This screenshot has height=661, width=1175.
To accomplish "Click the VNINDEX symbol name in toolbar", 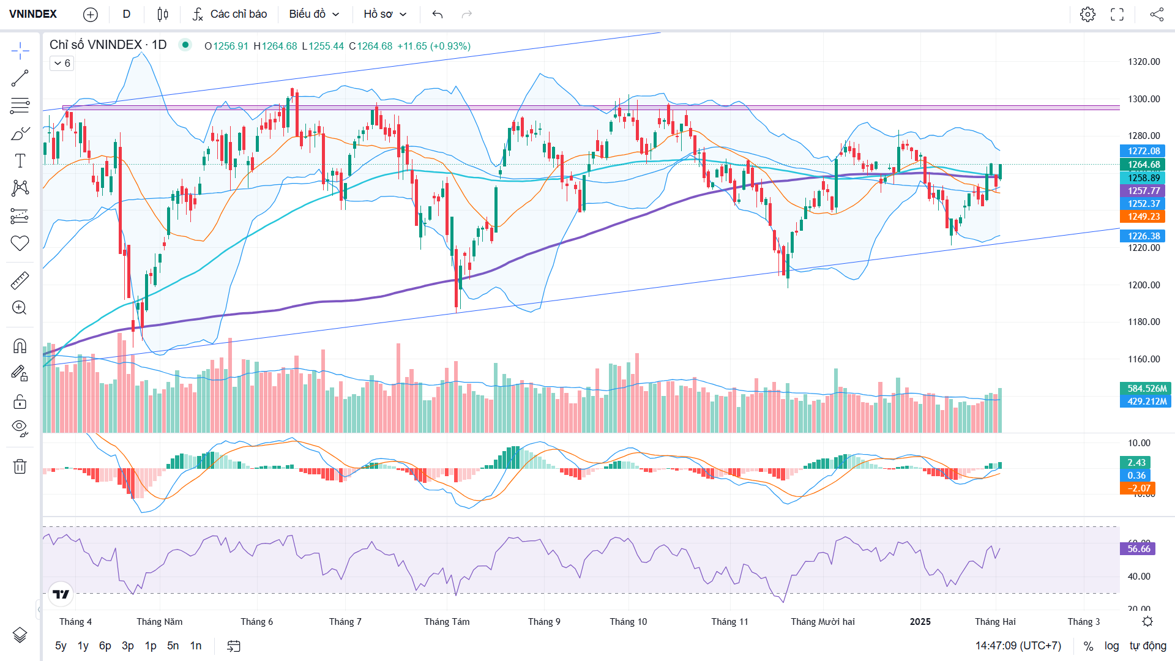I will point(33,14).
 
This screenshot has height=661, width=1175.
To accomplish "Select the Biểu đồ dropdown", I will point(314,14).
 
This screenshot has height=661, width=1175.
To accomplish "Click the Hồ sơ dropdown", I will point(385,14).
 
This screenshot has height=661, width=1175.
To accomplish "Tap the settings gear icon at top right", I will point(1087,14).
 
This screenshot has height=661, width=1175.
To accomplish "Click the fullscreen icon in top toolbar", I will point(1117,14).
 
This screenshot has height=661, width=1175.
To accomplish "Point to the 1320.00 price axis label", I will point(1144,62).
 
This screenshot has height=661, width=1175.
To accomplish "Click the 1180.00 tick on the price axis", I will point(1144,322).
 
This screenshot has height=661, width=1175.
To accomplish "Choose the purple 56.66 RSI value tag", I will point(1138,549).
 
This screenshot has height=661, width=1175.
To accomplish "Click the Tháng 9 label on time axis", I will point(544,622).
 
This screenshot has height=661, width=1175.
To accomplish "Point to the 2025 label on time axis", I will point(920,622).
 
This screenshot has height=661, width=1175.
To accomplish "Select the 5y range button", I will point(61,646).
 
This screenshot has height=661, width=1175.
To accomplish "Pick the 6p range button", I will point(105,646).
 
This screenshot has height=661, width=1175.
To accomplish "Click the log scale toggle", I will point(1111,646).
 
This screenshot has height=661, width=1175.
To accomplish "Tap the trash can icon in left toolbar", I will point(20,466).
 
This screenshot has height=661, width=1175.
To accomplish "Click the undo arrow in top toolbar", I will point(437,14).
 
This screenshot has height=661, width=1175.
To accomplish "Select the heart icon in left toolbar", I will point(20,243).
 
